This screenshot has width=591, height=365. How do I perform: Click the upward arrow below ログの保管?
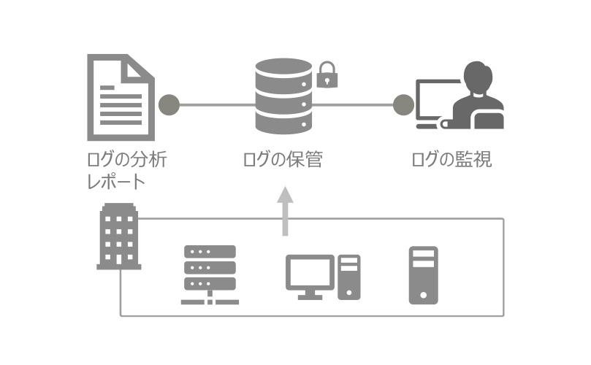pyautogui.click(x=285, y=212)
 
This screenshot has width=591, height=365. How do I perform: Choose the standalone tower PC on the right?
pyautogui.click(x=423, y=275)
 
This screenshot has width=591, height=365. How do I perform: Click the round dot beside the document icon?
pyautogui.click(x=169, y=105)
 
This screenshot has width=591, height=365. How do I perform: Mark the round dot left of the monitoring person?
pyautogui.click(x=403, y=105)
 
